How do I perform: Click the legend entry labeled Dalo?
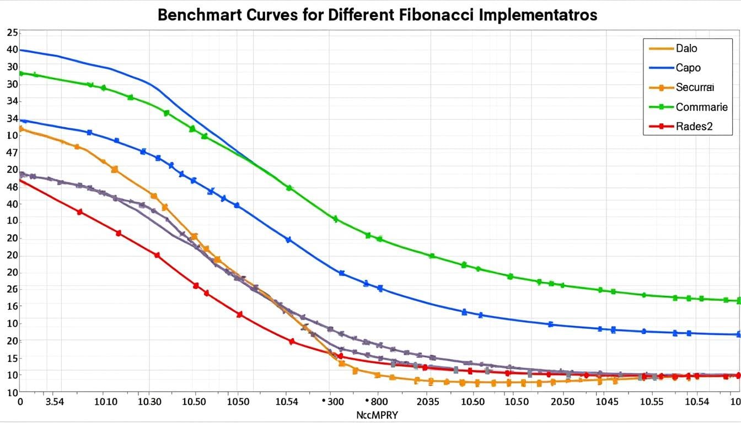pos(686,48)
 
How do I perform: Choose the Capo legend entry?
pos(688,68)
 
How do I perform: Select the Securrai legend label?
pos(694,87)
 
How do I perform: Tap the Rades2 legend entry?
pos(694,126)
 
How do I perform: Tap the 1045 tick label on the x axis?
pos(608,402)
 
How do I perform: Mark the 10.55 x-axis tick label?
pos(652,402)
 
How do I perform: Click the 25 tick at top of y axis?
pos(12,32)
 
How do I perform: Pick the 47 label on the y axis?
pos(12,153)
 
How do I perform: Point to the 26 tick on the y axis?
pos(12,289)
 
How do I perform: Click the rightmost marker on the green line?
pos(739,301)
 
